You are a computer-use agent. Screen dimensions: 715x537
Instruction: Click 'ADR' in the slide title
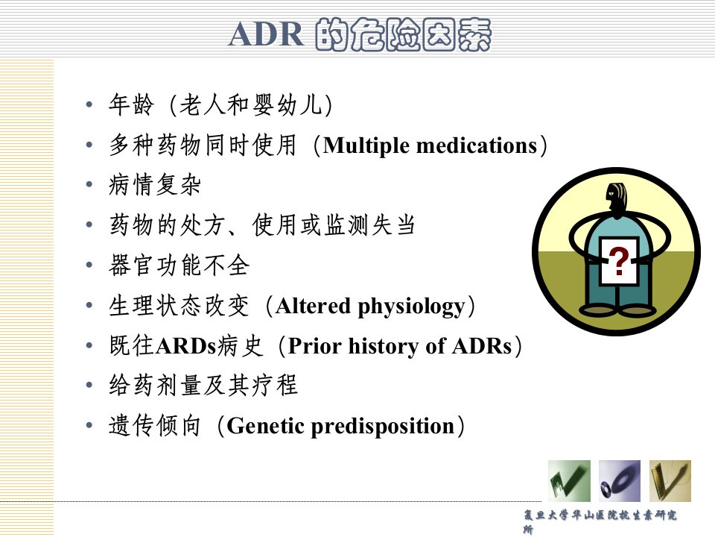[x=267, y=35]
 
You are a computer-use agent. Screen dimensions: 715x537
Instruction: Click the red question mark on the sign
[x=618, y=261]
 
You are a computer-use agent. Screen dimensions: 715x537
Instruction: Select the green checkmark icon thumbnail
[x=569, y=481]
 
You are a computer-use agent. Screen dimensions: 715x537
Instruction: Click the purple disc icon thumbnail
[x=619, y=481]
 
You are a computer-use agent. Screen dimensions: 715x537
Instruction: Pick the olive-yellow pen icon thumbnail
[x=670, y=481]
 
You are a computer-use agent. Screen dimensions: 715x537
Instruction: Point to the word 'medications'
[x=477, y=146]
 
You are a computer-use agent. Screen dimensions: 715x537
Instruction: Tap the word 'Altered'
[x=314, y=306]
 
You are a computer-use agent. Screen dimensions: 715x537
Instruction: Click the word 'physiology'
[x=412, y=307]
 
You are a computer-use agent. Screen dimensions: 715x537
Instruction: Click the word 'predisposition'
[x=383, y=427]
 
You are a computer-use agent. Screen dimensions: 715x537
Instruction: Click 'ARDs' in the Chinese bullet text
[x=185, y=346]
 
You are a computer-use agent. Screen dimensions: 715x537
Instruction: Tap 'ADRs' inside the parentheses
[x=482, y=346]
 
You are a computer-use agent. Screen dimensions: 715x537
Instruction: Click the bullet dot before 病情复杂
[x=89, y=184]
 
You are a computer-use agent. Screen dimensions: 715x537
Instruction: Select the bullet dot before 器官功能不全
[x=89, y=265]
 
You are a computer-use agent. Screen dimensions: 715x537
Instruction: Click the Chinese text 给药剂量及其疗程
[x=203, y=386]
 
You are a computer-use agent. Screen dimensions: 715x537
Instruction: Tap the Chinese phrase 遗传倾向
[x=155, y=426]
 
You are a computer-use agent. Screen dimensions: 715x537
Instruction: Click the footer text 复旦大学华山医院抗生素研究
[x=600, y=515]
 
